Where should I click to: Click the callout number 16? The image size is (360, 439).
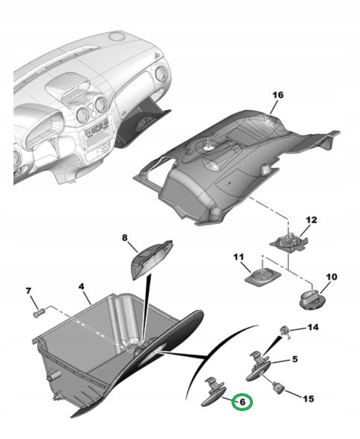click(x=278, y=95)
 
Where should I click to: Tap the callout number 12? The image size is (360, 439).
click(x=311, y=219)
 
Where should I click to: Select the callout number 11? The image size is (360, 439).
click(x=238, y=258)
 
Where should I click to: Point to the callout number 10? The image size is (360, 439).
click(x=331, y=277)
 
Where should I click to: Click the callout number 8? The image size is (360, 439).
click(x=125, y=237)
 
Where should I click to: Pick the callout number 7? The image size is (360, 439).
click(x=27, y=290)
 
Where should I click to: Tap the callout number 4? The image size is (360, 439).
click(x=82, y=286)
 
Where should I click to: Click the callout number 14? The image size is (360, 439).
click(x=312, y=328)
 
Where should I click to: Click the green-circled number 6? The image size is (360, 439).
click(x=243, y=402)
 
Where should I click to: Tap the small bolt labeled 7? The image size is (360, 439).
click(x=39, y=311)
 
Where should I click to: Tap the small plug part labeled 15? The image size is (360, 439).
click(x=278, y=388)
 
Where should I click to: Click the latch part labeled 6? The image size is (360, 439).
click(x=215, y=393)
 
